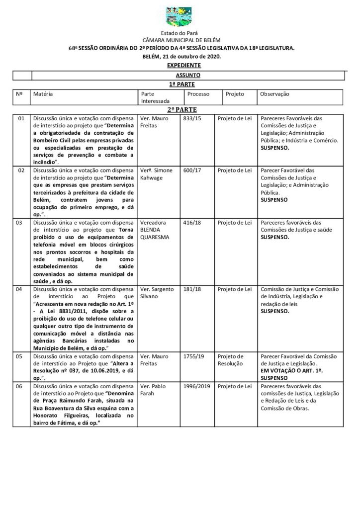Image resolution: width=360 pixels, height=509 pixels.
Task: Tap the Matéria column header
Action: [43, 94]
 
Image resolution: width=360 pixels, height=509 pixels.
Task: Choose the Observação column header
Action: [274, 94]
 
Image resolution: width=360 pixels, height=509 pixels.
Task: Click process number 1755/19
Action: [194, 356]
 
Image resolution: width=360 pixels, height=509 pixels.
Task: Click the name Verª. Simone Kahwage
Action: [157, 173]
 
